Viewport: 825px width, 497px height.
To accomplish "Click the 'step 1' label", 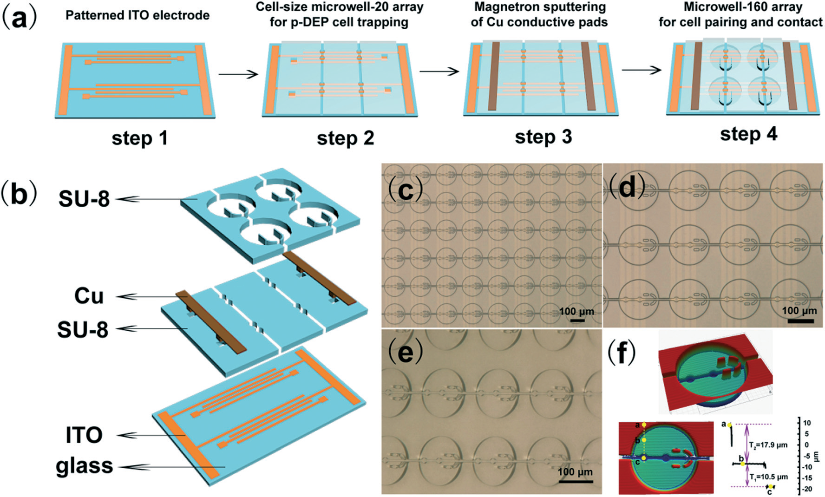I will click(139, 138).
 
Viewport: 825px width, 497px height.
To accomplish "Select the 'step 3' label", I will click(543, 137).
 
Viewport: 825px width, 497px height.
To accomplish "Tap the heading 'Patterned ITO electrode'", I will click(137, 15).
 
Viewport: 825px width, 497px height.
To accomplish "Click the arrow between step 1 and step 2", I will click(238, 74).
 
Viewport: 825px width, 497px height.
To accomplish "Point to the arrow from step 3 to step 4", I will click(641, 70).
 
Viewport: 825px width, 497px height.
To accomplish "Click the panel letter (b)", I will click(19, 195).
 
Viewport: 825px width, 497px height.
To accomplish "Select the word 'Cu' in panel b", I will click(89, 296).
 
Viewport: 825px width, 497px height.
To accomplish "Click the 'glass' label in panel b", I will click(84, 466).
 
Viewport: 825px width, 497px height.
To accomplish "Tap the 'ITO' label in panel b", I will click(84, 435).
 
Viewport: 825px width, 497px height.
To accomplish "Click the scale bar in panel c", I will click(577, 320).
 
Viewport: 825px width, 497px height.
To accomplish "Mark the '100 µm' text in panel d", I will click(799, 310).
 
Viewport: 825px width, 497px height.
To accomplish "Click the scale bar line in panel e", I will click(576, 482).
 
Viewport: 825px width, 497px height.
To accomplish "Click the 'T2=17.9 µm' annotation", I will click(768, 445).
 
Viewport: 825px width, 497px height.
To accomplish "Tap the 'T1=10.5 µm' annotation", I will click(768, 477).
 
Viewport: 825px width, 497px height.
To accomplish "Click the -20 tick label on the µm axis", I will click(807, 489).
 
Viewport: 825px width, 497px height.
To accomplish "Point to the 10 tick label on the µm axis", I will click(807, 423).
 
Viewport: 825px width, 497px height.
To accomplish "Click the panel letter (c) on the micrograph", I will click(405, 190).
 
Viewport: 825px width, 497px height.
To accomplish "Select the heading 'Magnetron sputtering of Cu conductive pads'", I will click(539, 14).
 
